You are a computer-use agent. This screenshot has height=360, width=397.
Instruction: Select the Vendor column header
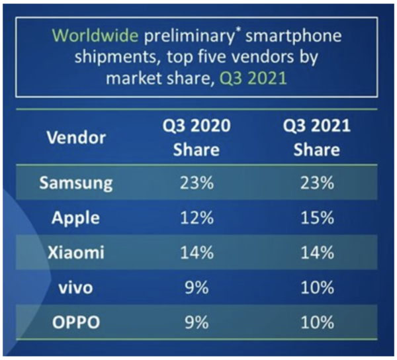tap(76, 138)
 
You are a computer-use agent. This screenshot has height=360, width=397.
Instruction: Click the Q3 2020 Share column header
tap(196, 138)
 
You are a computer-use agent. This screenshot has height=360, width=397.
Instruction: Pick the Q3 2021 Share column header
tap(316, 138)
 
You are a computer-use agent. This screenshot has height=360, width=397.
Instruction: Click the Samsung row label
tap(77, 183)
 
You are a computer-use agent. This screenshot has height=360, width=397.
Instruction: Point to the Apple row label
tap(76, 218)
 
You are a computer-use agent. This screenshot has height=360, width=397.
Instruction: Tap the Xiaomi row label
tap(76, 253)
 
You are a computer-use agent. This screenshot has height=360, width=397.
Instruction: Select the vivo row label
tap(76, 288)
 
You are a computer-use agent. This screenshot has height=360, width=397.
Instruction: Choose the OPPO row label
tap(76, 323)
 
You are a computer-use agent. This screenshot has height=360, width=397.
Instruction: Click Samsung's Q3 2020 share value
tap(197, 183)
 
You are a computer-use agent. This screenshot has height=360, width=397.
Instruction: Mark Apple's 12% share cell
tap(197, 218)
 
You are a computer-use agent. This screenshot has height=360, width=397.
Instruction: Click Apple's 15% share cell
tap(316, 218)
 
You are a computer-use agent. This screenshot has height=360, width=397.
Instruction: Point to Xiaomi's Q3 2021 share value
tap(316, 253)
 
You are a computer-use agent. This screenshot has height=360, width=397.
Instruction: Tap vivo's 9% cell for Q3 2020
tap(197, 288)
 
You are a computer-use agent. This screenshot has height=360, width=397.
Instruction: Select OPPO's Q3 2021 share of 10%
tap(316, 323)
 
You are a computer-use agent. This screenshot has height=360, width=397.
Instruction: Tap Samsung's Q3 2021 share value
tap(316, 183)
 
